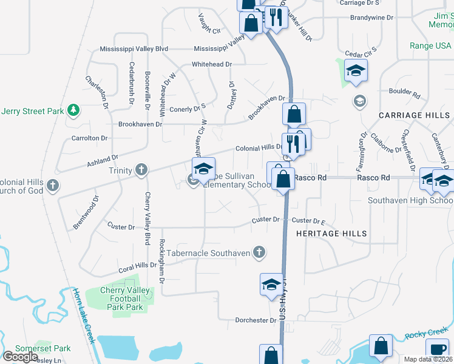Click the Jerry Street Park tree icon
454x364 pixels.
tap(73, 110)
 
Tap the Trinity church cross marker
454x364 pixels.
tap(141, 170)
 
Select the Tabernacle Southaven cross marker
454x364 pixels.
tap(259, 252)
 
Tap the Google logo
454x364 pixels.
tap(20, 356)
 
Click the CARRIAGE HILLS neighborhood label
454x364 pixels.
tap(415, 115)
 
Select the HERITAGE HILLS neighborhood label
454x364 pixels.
tap(331, 234)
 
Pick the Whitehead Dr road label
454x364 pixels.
tap(212, 64)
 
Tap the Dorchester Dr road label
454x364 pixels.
tap(256, 320)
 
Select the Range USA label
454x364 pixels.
tap(430, 45)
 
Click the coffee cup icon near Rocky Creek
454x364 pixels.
tap(437, 348)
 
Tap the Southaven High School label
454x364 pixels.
tap(410, 200)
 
